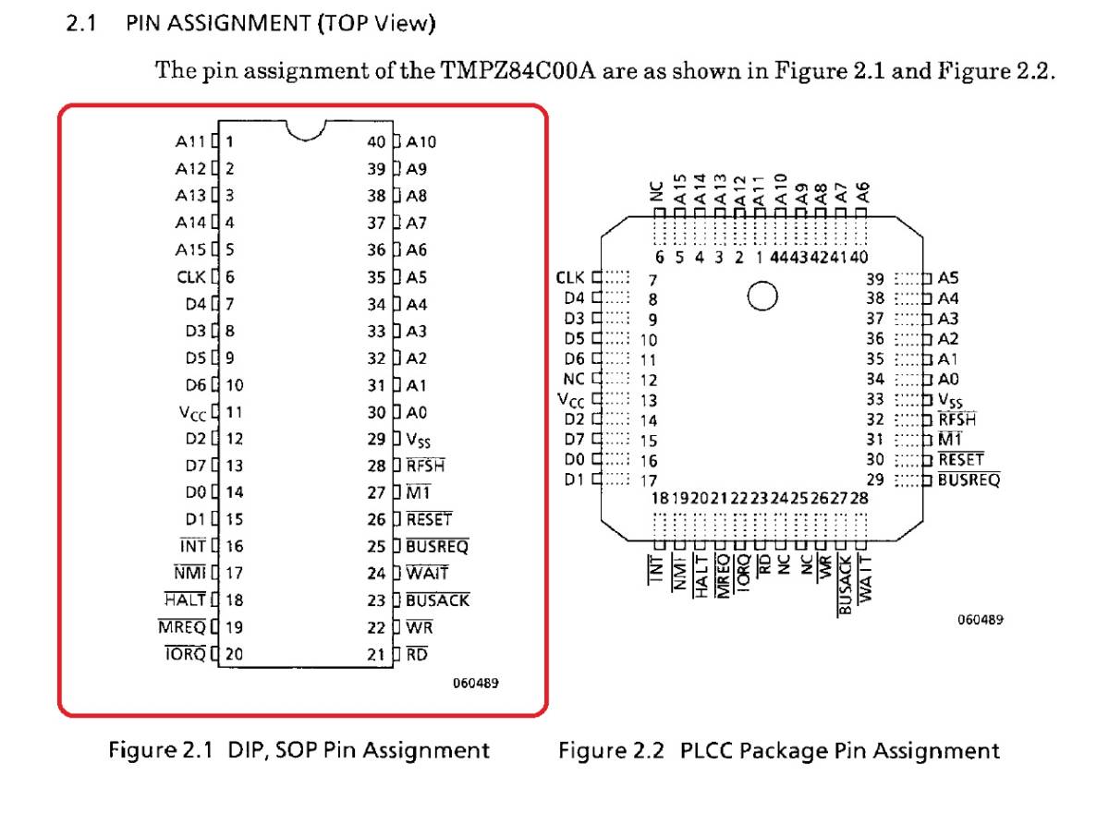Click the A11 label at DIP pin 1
(x=190, y=142)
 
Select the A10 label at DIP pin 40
(x=420, y=142)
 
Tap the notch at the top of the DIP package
(x=306, y=130)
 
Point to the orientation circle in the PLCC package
(x=762, y=297)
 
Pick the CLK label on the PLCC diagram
(x=571, y=277)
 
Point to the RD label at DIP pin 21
(x=417, y=655)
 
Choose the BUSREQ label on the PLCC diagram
(x=969, y=479)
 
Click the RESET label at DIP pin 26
(x=429, y=520)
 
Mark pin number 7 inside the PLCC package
(x=652, y=279)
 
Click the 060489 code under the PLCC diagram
(x=979, y=620)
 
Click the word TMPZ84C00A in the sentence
(x=519, y=71)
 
